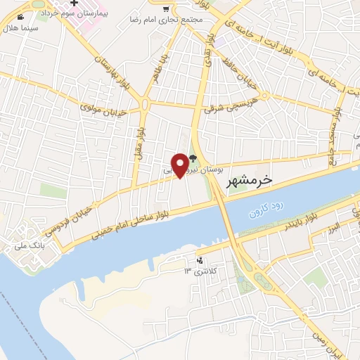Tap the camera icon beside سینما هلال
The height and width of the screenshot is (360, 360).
coord(20,16)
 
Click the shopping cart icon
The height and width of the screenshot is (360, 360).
coord(166,9)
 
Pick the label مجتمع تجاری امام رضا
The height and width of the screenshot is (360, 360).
coord(171,21)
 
